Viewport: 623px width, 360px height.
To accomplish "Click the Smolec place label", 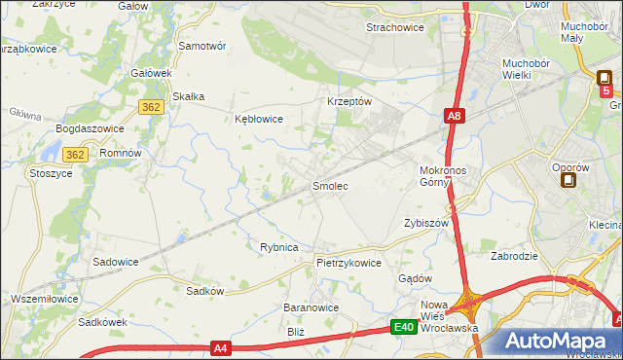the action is (x=329, y=185).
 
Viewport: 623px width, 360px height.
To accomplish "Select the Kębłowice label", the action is (x=259, y=119).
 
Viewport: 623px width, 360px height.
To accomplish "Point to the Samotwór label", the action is (x=202, y=46).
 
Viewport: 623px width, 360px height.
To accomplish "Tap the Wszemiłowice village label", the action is (x=42, y=299).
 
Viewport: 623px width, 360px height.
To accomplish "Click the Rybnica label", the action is (x=278, y=247).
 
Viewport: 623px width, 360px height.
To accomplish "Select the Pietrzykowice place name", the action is (x=348, y=263).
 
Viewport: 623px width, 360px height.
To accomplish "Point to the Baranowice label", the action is (x=310, y=307).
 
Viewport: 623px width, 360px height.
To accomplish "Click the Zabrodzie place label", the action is (x=516, y=257).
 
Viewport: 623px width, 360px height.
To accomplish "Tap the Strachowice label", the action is (x=394, y=27).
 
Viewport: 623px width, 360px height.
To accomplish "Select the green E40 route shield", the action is (x=405, y=328).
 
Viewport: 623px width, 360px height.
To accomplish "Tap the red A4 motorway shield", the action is (x=221, y=347).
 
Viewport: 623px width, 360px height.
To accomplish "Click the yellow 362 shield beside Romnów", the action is (x=75, y=155).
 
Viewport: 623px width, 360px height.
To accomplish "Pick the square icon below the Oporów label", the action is (x=568, y=179).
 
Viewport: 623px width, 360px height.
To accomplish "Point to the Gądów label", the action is (x=415, y=278).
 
